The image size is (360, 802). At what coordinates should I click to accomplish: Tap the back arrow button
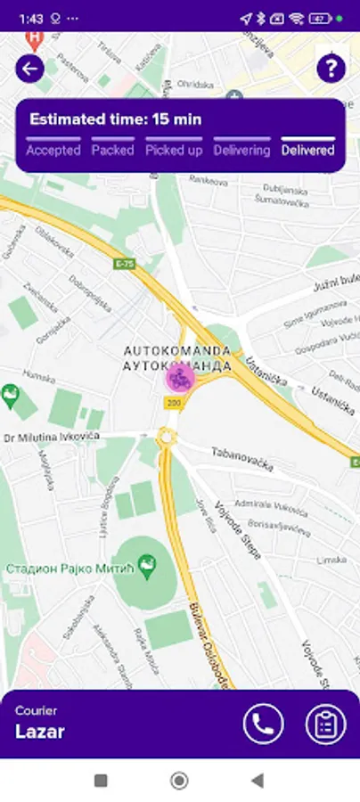click(30, 69)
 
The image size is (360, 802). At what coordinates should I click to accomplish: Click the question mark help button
click(331, 69)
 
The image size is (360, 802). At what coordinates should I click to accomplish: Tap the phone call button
click(263, 724)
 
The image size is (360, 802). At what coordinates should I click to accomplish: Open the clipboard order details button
click(325, 724)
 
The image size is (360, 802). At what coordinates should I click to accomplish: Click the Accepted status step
click(53, 150)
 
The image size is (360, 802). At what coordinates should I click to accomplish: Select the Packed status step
click(112, 150)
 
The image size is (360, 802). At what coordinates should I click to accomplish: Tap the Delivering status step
click(241, 150)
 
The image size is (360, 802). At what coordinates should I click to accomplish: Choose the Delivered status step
click(307, 150)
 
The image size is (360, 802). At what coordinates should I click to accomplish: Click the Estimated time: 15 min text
click(116, 119)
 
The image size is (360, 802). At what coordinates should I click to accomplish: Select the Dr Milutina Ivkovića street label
click(52, 438)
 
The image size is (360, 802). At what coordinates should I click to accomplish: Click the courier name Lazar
click(40, 732)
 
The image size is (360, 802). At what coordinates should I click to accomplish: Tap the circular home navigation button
click(179, 781)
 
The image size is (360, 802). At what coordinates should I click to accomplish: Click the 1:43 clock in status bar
click(30, 18)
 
